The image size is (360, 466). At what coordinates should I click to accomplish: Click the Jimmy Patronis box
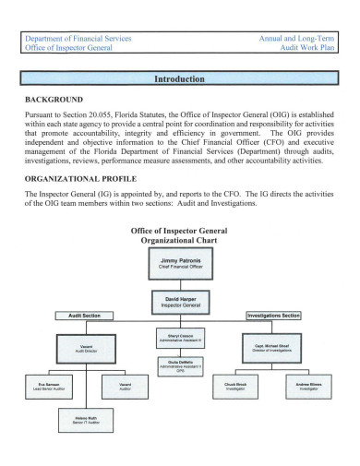[x=179, y=266]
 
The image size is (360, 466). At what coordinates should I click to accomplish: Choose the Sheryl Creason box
[x=179, y=339]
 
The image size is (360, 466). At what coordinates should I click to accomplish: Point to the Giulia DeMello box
[x=179, y=366]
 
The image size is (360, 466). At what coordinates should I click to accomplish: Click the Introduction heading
[x=179, y=79]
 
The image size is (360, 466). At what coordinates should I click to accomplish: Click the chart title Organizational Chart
[x=179, y=237]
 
